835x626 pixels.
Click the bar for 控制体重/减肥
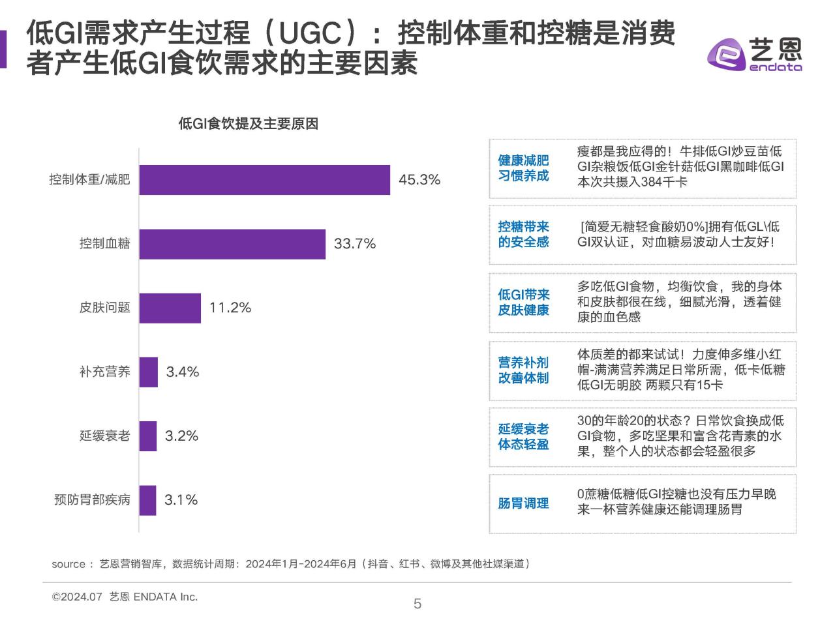264,180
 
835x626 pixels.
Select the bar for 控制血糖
232,244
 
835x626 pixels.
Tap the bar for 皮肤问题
170,308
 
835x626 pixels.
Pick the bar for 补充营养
149,372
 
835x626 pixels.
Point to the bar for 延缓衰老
148,436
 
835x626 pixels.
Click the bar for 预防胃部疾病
148,500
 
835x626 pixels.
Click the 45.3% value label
419,180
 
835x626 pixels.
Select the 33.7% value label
355,244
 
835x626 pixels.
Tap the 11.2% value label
230,308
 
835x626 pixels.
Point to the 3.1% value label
181,500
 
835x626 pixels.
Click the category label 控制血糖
105,244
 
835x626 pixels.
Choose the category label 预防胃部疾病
92,500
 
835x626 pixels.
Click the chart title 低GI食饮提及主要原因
248,124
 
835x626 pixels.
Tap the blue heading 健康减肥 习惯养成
523,168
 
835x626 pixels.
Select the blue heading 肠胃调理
523,503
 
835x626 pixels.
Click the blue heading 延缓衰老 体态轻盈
523,437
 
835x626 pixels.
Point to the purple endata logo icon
726,53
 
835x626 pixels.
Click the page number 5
417,604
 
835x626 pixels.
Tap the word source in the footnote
68,564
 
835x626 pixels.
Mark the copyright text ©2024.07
78,597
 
